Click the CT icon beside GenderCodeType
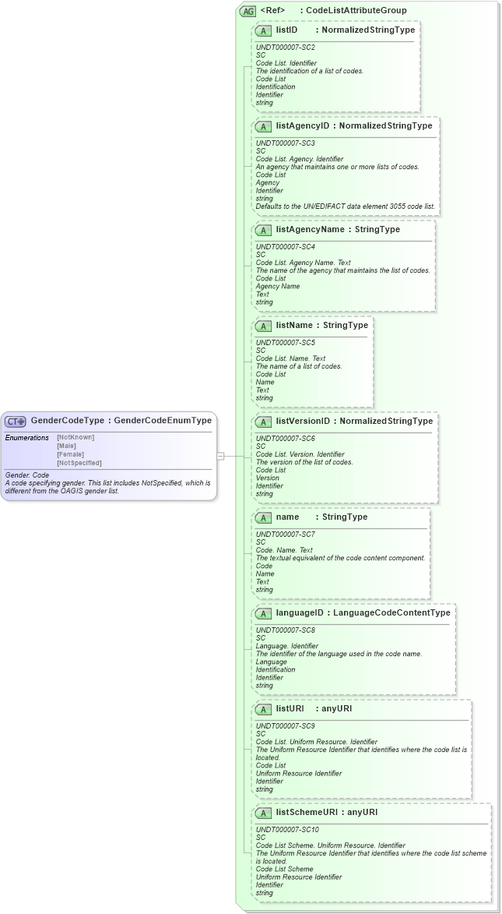(16, 421)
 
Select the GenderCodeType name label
(67, 421)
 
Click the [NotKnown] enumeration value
(75, 437)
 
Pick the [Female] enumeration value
(70, 454)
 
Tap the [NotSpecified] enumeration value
(79, 463)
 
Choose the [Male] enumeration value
(66, 446)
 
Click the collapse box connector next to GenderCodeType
(221, 456)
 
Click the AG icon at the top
(247, 11)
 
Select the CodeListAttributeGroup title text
(356, 11)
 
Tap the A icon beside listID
(263, 30)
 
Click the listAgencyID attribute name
(303, 126)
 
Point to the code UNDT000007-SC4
(286, 246)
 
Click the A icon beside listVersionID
(263, 422)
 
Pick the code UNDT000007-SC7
(286, 534)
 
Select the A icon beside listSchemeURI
(263, 813)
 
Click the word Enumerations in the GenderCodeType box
(27, 438)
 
